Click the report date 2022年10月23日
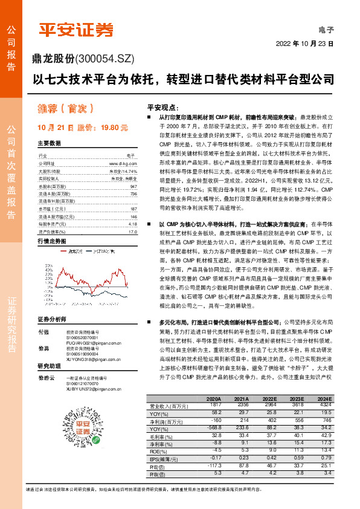(x=304, y=44)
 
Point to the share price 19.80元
(x=115, y=128)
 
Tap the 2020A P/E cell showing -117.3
(x=215, y=465)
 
